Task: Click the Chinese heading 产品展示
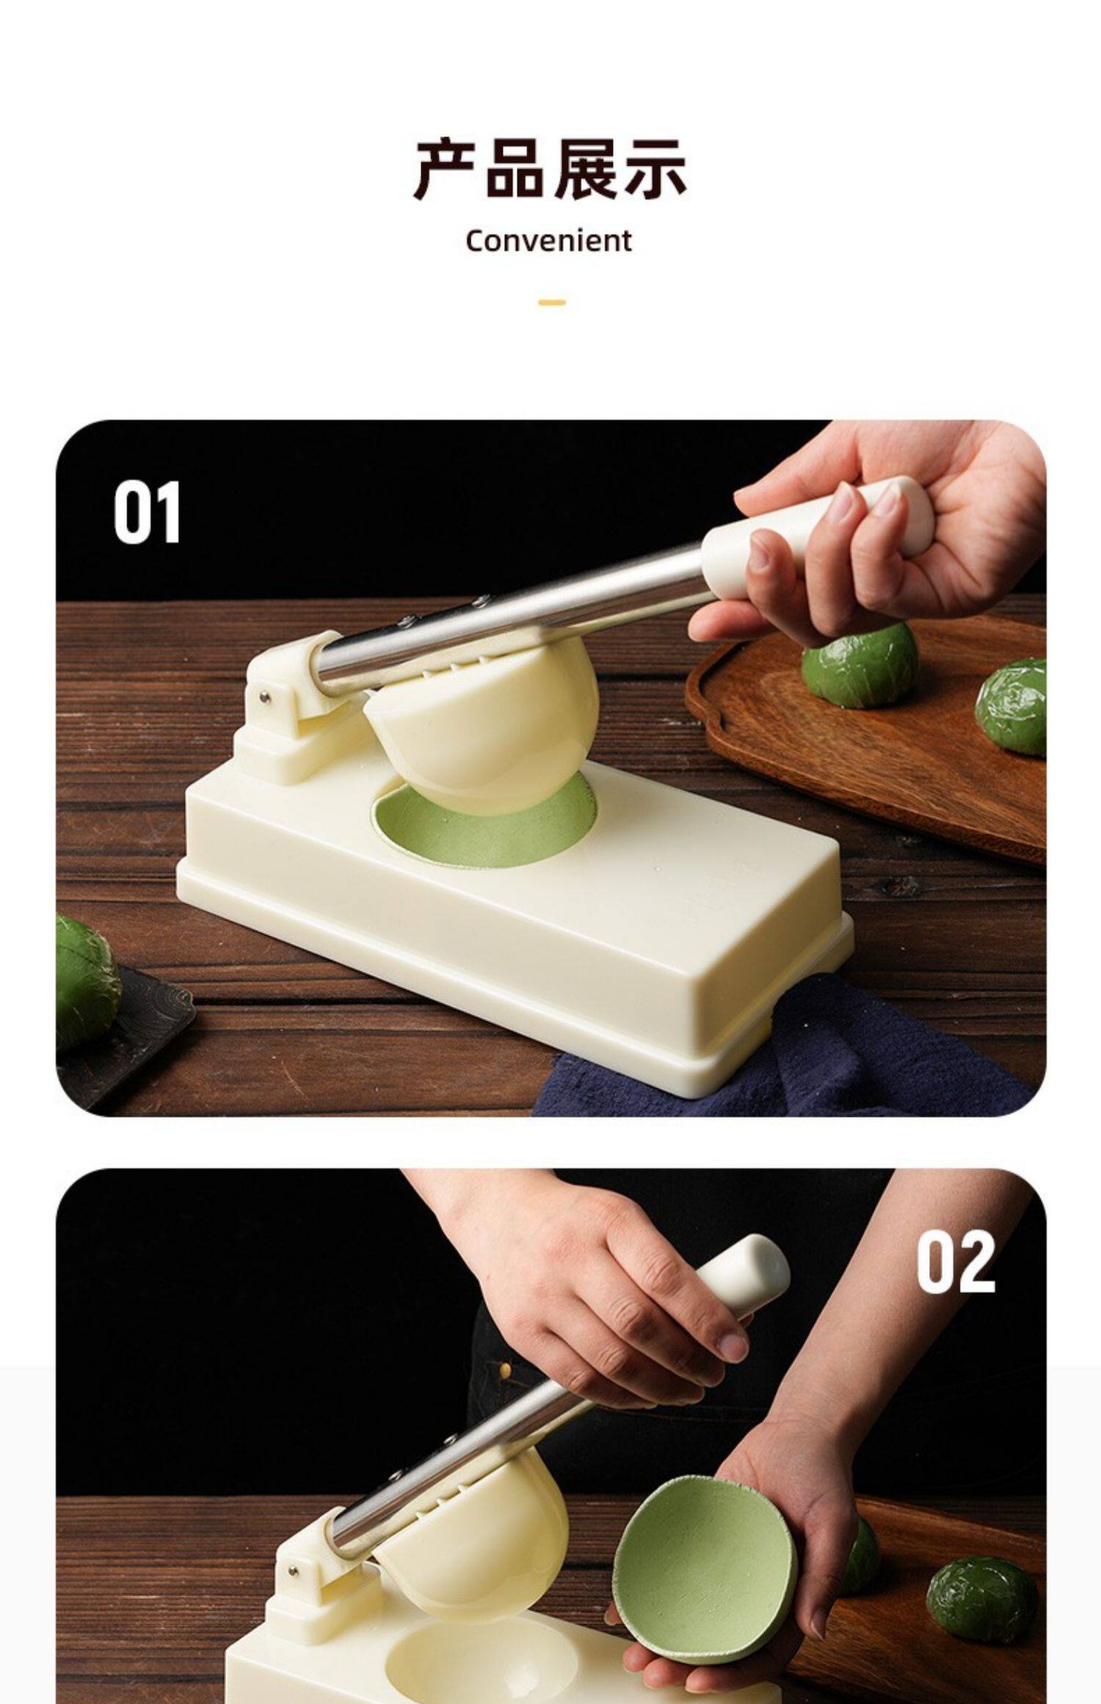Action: coord(550,170)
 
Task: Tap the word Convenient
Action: coord(549,241)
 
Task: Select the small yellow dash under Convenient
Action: coord(551,302)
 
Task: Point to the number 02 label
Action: coord(956,1261)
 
